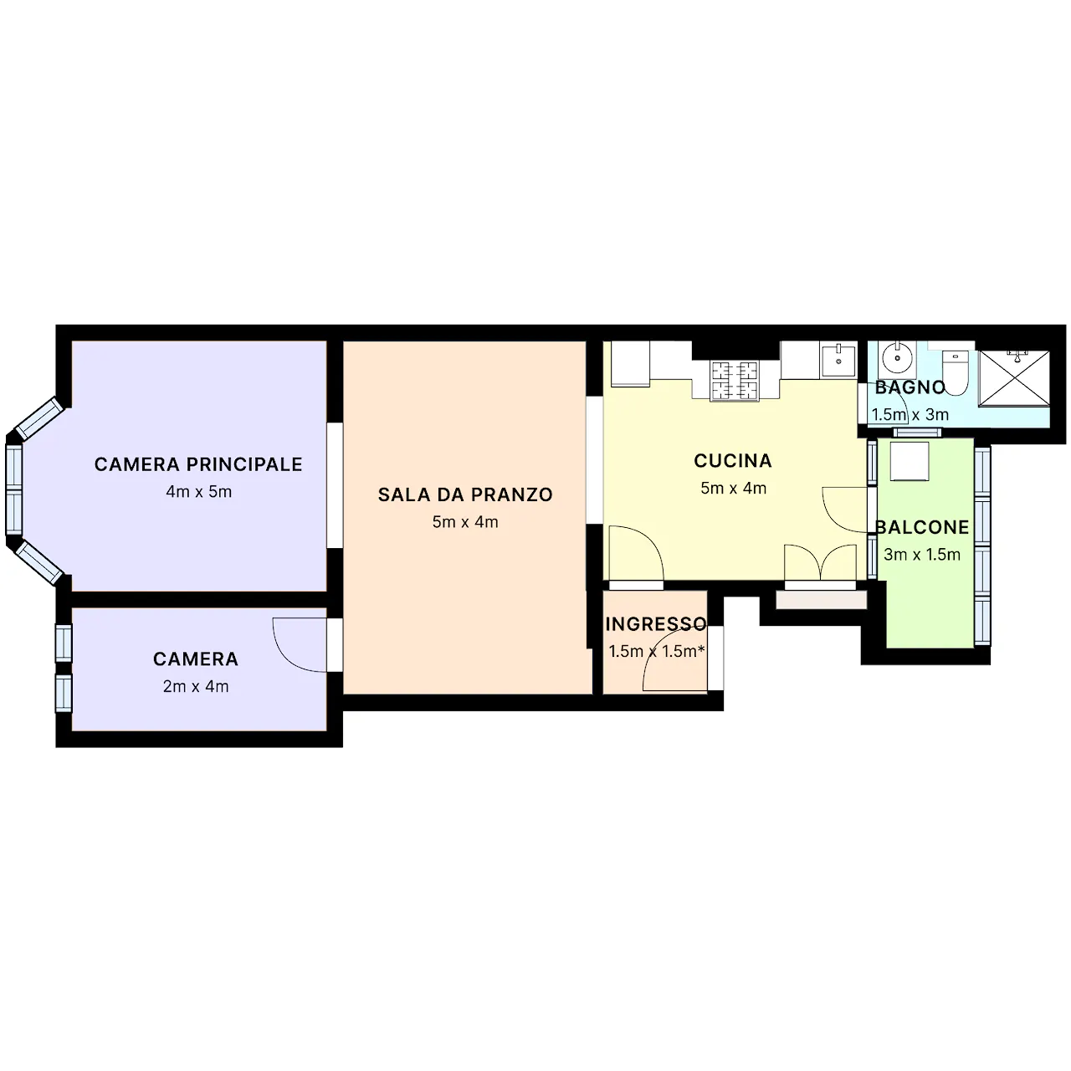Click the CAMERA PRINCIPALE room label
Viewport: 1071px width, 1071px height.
198,464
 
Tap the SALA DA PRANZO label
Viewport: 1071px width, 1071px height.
465,495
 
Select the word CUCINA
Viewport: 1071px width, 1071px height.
733,461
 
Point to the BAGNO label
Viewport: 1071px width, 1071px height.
910,387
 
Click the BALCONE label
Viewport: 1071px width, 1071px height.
922,527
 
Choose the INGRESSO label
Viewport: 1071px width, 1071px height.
656,624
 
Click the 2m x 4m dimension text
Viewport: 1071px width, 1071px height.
196,686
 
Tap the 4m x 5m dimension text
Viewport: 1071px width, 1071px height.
198,492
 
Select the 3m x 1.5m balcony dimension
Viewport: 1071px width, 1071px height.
922,555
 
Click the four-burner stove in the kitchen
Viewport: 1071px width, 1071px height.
734,381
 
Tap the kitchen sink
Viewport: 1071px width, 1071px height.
838,360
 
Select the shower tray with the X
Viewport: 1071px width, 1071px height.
1014,378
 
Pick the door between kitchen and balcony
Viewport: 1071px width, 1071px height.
845,510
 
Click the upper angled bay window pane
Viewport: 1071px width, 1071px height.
38,418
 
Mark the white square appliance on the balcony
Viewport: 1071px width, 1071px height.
910,461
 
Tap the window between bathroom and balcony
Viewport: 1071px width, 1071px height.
917,433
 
